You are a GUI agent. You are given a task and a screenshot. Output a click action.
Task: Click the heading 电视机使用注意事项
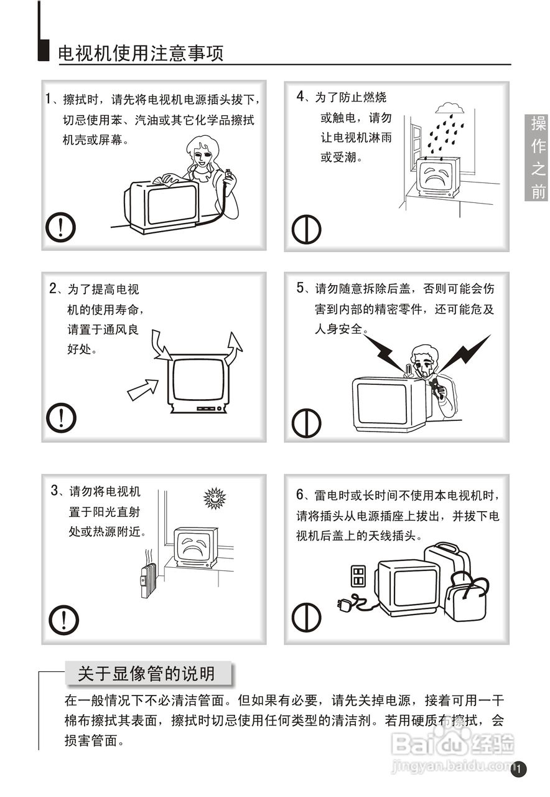141,54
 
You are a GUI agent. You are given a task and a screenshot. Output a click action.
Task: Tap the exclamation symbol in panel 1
60,227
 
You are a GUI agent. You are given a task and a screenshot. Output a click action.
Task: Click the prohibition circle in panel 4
306,229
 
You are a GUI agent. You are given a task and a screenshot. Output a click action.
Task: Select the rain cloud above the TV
450,108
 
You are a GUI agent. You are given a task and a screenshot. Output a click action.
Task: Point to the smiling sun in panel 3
215,498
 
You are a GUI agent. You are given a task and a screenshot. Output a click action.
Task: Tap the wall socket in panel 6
358,576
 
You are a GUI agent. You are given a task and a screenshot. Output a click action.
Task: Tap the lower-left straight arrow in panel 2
142,389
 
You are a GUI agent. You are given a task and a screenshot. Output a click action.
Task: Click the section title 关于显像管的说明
146,674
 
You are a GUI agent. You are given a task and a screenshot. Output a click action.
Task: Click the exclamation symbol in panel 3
63,620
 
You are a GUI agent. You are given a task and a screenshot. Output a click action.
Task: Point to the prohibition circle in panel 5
306,423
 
